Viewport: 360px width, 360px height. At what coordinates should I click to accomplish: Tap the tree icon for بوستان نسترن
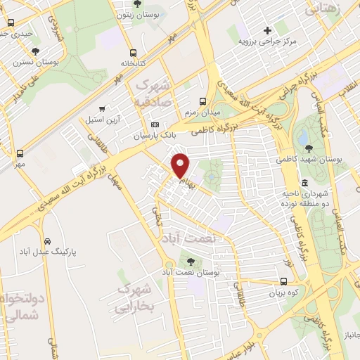(x=35, y=51)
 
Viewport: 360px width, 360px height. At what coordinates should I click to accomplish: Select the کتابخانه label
(x=132, y=63)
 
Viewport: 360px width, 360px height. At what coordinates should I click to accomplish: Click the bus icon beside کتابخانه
(x=133, y=52)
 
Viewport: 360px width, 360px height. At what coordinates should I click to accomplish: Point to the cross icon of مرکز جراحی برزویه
(x=266, y=30)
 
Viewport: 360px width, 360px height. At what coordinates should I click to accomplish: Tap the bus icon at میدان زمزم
(x=203, y=101)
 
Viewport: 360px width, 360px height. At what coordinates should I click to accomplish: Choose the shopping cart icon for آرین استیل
(x=103, y=109)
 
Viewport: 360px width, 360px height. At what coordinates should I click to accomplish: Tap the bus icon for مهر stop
(x=19, y=153)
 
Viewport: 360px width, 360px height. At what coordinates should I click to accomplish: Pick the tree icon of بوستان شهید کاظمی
(x=310, y=148)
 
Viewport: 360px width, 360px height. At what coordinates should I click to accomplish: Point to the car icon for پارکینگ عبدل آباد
(x=47, y=239)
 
